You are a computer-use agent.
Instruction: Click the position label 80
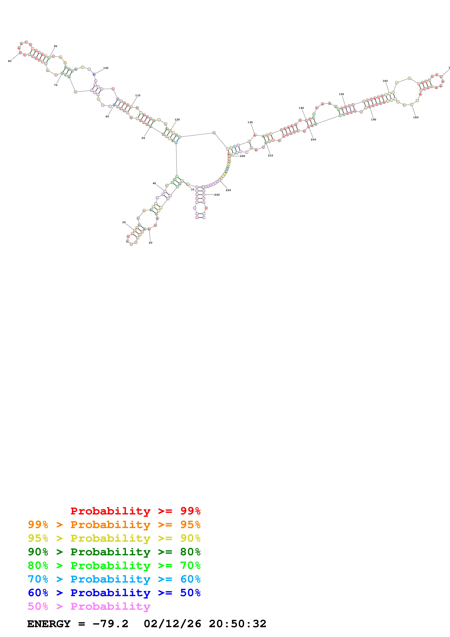click(x=10, y=61)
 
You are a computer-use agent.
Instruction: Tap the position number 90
click(x=55, y=46)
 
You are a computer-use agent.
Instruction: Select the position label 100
click(x=106, y=68)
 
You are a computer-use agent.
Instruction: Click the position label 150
click(x=341, y=94)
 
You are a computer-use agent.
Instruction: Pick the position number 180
click(x=416, y=117)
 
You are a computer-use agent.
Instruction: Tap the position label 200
click(x=313, y=140)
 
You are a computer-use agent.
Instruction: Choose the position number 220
click(x=243, y=156)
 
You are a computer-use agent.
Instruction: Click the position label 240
click(x=217, y=195)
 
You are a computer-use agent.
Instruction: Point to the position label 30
click(x=124, y=222)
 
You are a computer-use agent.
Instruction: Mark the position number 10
click(x=193, y=190)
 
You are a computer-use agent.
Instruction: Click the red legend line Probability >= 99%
click(x=135, y=511)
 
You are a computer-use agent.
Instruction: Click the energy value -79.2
click(x=110, y=624)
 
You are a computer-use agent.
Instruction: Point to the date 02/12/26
click(x=172, y=624)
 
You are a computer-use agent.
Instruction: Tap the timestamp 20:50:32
click(x=238, y=624)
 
